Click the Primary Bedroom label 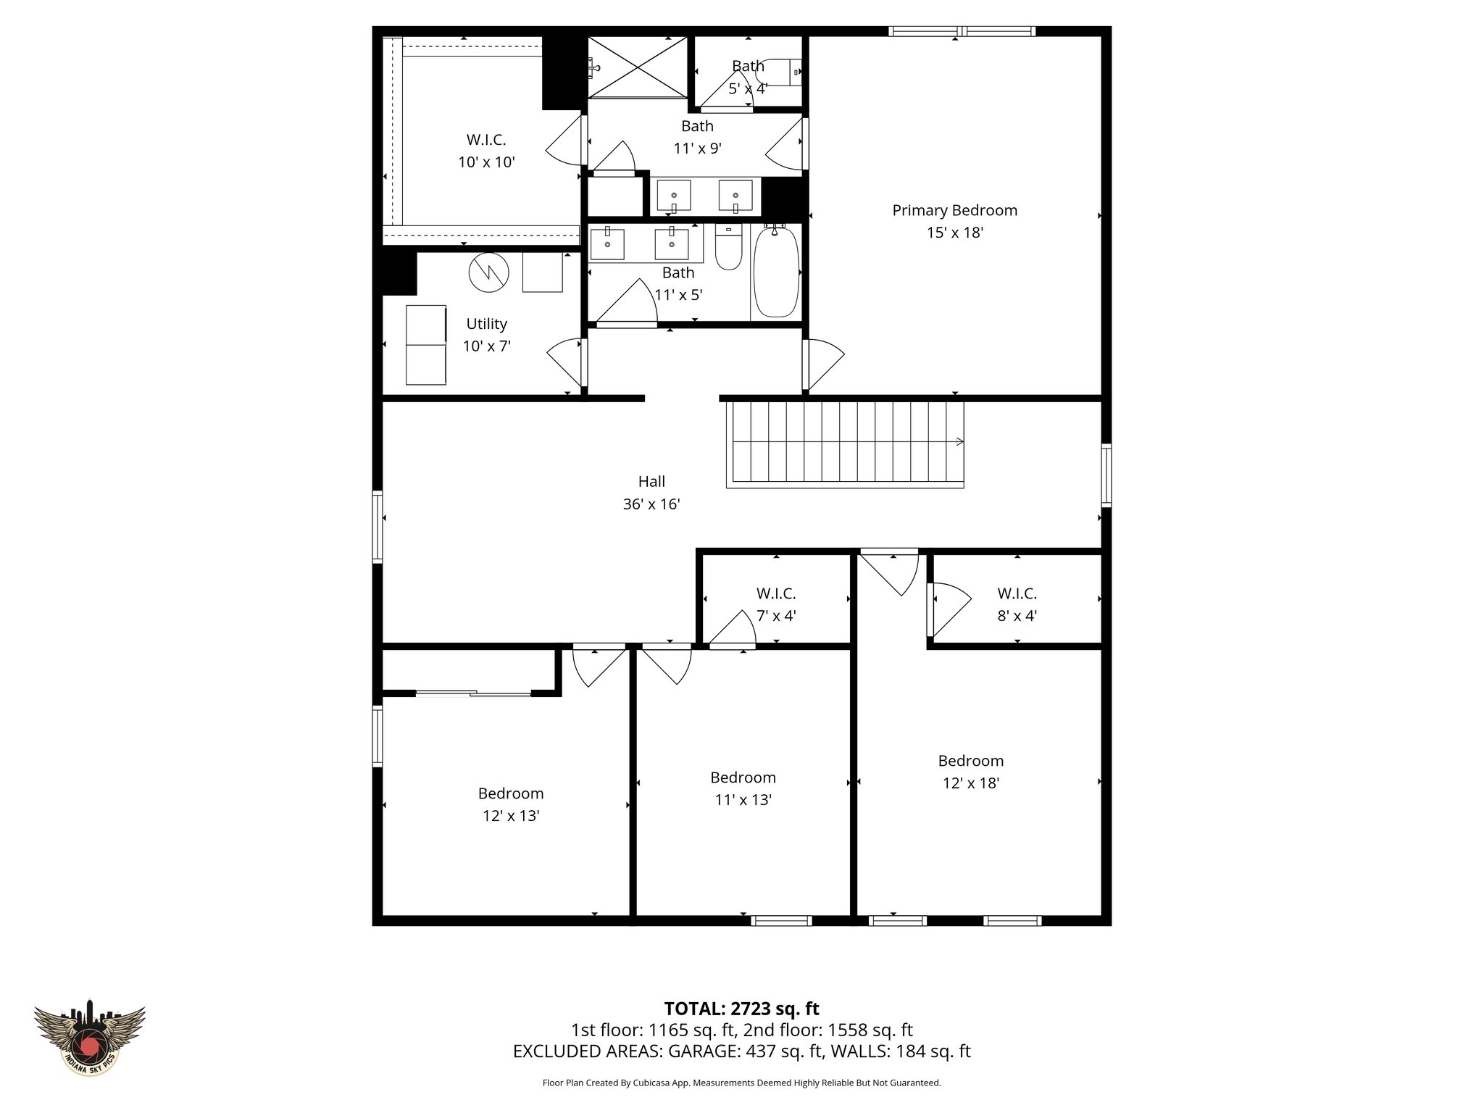coord(954,210)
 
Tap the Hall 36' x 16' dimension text coord(651,504)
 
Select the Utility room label coord(486,324)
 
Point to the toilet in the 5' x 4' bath coord(781,72)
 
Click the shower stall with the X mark coord(637,67)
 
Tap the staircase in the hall coord(846,443)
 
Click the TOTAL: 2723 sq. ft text coord(741,1009)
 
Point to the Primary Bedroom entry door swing coord(825,364)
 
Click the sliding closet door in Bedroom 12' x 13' coord(473,694)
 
